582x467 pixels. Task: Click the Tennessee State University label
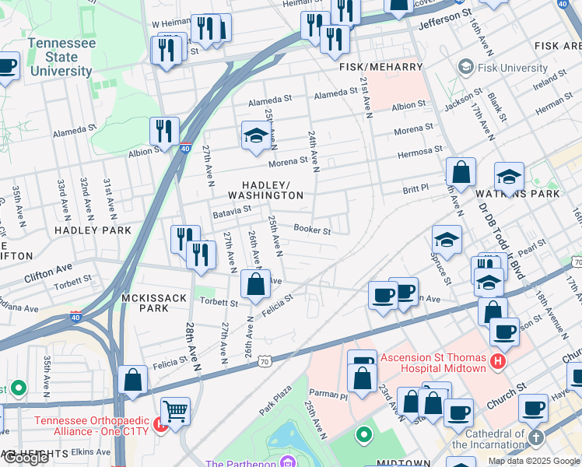tap(61, 57)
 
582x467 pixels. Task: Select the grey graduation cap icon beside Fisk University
tap(467, 68)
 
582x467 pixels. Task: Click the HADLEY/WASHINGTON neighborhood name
tap(265, 190)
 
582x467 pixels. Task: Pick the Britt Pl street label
tap(415, 188)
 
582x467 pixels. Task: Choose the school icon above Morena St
tap(255, 135)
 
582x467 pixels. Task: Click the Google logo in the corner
tap(26, 458)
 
